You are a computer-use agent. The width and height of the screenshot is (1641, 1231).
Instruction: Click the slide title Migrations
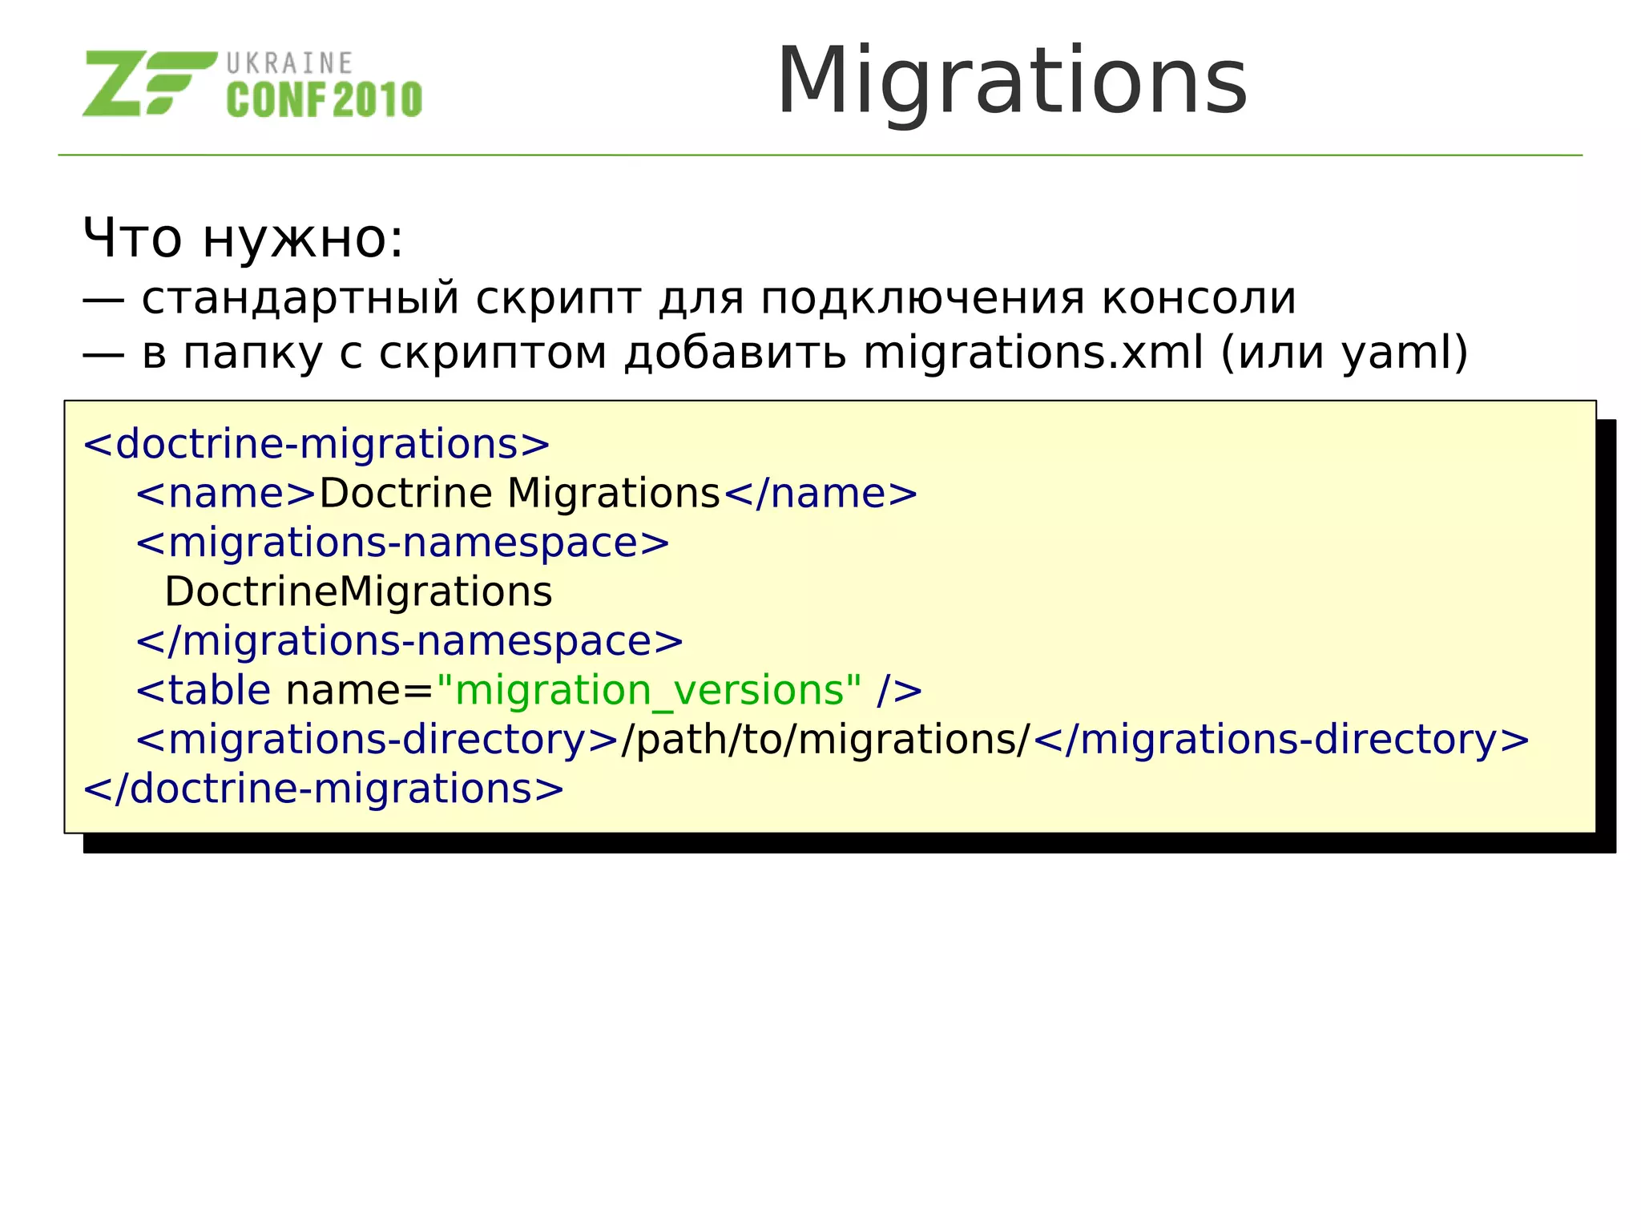(1011, 82)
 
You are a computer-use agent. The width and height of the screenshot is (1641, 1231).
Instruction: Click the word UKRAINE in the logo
(289, 63)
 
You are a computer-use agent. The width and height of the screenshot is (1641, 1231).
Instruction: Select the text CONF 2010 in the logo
(325, 100)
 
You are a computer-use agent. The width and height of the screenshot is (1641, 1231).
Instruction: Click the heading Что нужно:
(244, 238)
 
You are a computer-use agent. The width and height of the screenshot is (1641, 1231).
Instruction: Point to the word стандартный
(300, 298)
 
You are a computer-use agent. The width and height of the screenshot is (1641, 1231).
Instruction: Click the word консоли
(1199, 298)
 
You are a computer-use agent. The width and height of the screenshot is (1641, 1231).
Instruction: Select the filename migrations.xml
(1033, 353)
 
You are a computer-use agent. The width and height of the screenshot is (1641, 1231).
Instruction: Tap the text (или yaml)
(1344, 353)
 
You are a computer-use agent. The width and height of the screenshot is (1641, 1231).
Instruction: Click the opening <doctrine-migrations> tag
(317, 444)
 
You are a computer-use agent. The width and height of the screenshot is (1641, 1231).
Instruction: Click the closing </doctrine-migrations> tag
(324, 789)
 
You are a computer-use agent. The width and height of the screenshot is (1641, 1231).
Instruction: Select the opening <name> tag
(227, 494)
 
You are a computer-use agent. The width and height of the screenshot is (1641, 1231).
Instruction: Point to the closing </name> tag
(820, 494)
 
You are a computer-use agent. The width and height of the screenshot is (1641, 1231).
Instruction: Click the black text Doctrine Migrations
(520, 494)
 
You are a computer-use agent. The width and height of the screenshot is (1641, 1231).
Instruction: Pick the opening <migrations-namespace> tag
(402, 543)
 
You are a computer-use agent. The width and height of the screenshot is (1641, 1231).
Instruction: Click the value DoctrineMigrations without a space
(358, 592)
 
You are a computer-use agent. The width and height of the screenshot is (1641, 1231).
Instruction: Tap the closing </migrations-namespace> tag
(409, 641)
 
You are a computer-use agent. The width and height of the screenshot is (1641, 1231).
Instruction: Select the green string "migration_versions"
(650, 690)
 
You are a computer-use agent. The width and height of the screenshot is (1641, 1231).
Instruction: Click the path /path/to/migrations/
(826, 740)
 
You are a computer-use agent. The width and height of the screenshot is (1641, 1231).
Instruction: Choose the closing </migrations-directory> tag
(1281, 740)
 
